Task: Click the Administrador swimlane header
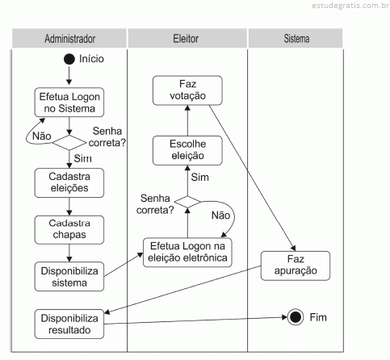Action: pyautogui.click(x=69, y=39)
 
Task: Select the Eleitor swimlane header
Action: pyautogui.click(x=187, y=39)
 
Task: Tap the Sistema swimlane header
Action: pyautogui.click(x=296, y=39)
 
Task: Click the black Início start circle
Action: pyautogui.click(x=69, y=59)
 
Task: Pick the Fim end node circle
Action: pyautogui.click(x=296, y=317)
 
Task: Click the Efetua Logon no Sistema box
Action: pyautogui.click(x=69, y=103)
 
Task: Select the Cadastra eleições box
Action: pyautogui.click(x=69, y=183)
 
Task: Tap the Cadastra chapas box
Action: pyautogui.click(x=69, y=230)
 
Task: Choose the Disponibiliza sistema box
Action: pyautogui.click(x=69, y=277)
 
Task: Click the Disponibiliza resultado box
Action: pyautogui.click(x=69, y=324)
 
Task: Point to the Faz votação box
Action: pyautogui.click(x=187, y=90)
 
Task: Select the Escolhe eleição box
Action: pyautogui.click(x=187, y=150)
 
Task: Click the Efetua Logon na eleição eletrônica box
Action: pyautogui.click(x=187, y=253)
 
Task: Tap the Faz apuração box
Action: pyautogui.click(x=296, y=266)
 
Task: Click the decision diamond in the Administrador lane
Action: pyautogui.click(x=69, y=143)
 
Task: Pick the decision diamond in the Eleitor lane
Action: pyautogui.click(x=187, y=202)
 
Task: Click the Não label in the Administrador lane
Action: pyautogui.click(x=42, y=136)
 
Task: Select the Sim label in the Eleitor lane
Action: pyautogui.click(x=200, y=178)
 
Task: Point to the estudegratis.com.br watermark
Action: pyautogui.click(x=350, y=6)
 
